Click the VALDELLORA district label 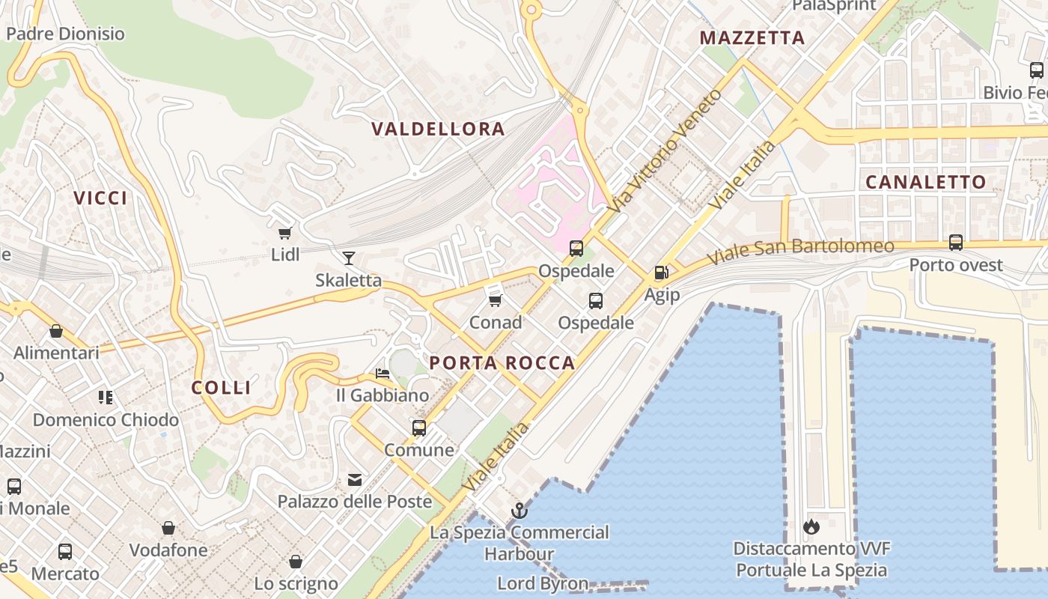(438, 129)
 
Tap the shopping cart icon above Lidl (284, 233)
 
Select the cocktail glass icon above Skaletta (348, 258)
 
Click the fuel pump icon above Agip (661, 273)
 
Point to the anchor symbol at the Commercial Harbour (519, 511)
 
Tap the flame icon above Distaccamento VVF (811, 526)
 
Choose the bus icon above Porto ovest (956, 243)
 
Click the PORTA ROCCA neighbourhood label (502, 363)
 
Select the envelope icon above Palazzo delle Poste (354, 479)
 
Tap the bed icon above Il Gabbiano (383, 373)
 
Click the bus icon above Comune (419, 428)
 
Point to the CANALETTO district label (926, 182)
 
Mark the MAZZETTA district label (752, 37)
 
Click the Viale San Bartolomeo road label (801, 251)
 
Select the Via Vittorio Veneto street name (665, 150)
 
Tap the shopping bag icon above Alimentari (56, 331)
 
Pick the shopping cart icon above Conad (495, 300)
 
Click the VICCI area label (100, 198)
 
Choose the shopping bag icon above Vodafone (168, 529)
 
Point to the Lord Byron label (543, 583)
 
